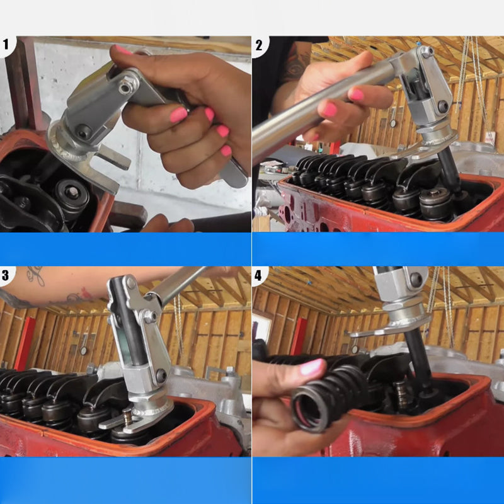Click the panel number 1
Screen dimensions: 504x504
point(6,44)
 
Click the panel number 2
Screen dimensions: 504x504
point(259,45)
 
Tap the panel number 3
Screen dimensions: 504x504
point(6,275)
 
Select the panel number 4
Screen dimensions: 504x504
point(258,275)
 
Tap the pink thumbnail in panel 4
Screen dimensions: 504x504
point(312,367)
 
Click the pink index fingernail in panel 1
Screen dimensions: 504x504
point(179,115)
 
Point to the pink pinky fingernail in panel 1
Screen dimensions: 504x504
point(226,151)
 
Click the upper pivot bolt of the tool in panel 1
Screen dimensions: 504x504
point(125,87)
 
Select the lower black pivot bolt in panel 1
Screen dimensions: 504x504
point(84,132)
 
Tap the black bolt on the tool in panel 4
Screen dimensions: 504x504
point(415,279)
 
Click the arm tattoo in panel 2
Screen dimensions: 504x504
point(297,64)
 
